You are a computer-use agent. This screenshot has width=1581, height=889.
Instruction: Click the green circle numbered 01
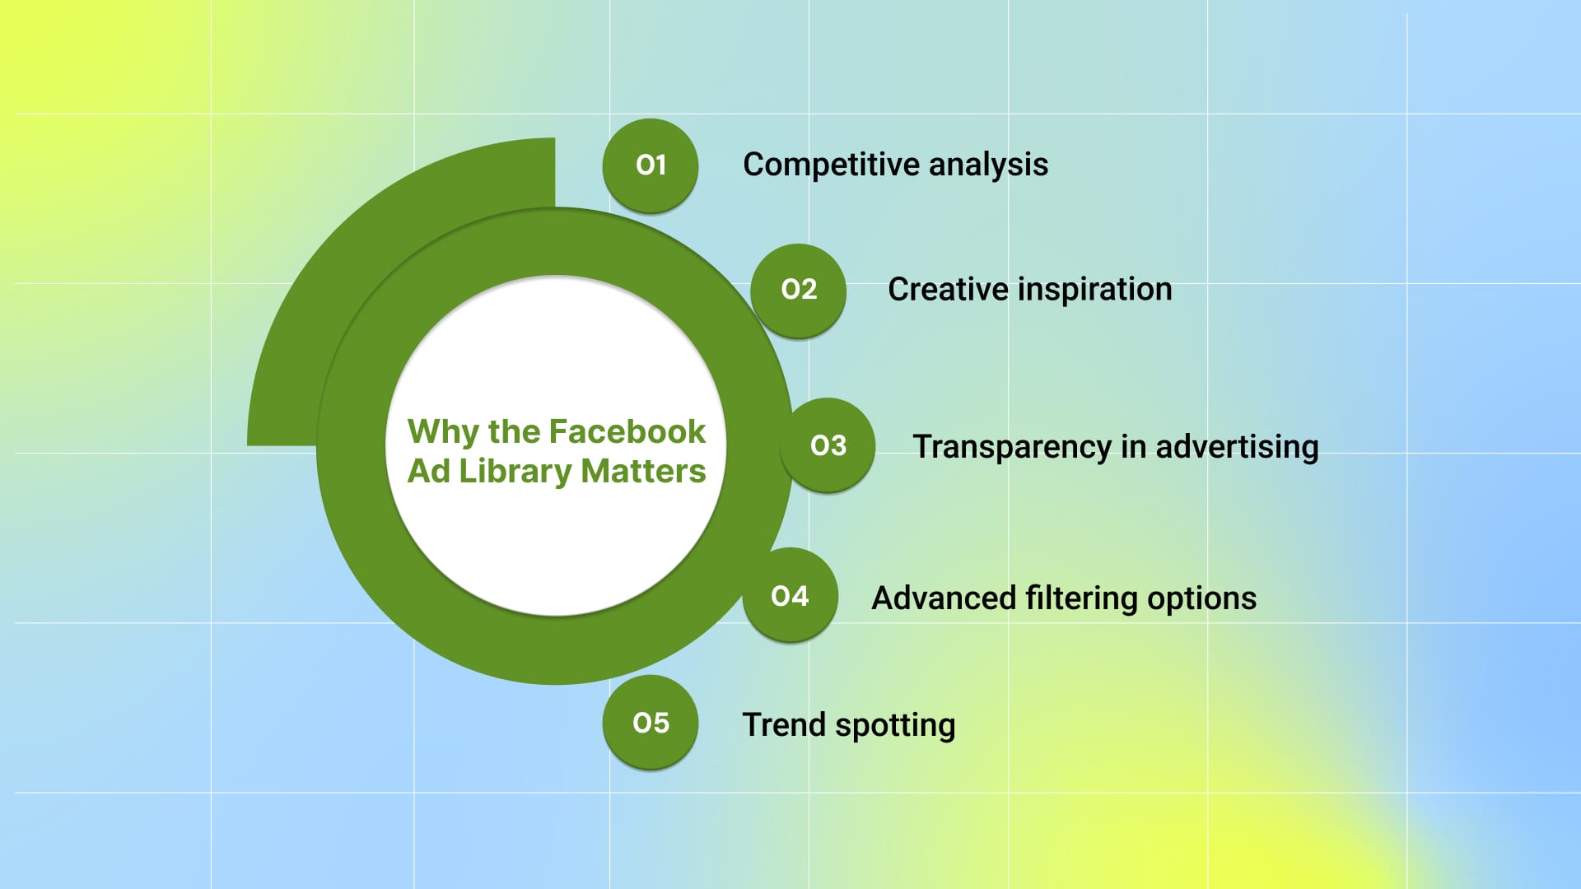point(651,165)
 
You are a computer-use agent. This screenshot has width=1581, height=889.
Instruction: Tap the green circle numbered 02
point(799,290)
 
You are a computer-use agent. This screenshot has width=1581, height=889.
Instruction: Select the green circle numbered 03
point(828,445)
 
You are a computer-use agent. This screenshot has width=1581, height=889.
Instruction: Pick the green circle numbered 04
point(790,596)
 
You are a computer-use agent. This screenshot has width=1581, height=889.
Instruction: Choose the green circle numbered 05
point(651,723)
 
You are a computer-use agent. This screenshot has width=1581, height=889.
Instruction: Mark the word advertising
point(1237,447)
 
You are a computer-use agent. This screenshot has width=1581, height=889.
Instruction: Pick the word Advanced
point(944,598)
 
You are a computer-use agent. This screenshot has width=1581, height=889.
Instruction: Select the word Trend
point(784,725)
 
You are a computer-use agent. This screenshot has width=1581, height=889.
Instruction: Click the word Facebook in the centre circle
point(627,431)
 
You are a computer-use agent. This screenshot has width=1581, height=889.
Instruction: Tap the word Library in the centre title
point(515,472)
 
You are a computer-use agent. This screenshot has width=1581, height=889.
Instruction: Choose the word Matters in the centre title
point(643,472)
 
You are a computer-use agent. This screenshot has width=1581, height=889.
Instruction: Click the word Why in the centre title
point(443,432)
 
